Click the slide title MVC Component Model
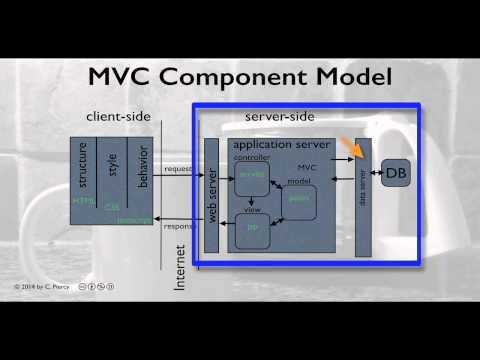coord(240,77)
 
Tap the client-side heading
coord(118,117)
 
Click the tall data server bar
coord(363,194)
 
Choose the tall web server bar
coord(211,194)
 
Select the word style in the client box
coord(113,164)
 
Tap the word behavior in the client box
coord(142,164)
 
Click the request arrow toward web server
coord(180,174)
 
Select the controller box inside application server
coord(251,179)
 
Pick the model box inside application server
coord(298,201)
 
